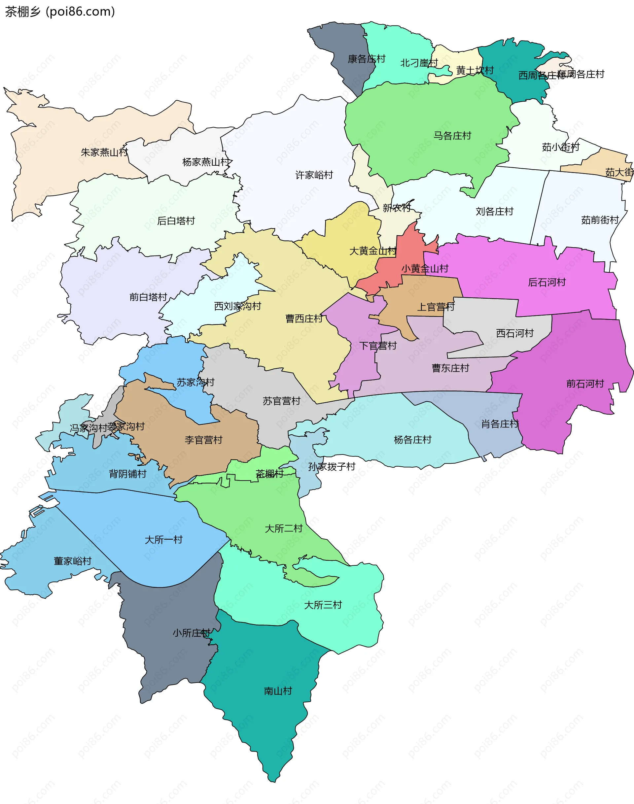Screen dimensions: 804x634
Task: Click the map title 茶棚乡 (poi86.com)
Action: tap(60, 12)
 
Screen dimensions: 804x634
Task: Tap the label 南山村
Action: tap(278, 691)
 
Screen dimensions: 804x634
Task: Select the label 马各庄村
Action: tap(452, 136)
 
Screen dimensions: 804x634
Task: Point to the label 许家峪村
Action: tap(314, 175)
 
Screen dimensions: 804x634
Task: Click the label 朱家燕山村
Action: tap(104, 152)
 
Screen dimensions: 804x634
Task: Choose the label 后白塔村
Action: tap(176, 221)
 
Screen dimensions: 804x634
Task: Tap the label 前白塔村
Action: tap(148, 297)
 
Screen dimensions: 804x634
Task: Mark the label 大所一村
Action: tap(164, 539)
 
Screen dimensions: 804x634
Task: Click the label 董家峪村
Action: tap(72, 561)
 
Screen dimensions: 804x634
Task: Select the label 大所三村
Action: tap(323, 605)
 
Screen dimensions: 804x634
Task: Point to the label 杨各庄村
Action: tap(412, 440)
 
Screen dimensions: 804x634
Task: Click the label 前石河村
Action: tap(585, 384)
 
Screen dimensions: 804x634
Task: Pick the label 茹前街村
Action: tap(600, 220)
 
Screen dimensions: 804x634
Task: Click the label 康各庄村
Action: tap(367, 59)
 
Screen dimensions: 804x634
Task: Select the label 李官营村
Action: tap(203, 440)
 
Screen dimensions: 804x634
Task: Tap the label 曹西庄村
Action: tap(304, 319)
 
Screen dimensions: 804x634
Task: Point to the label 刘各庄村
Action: tap(494, 212)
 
